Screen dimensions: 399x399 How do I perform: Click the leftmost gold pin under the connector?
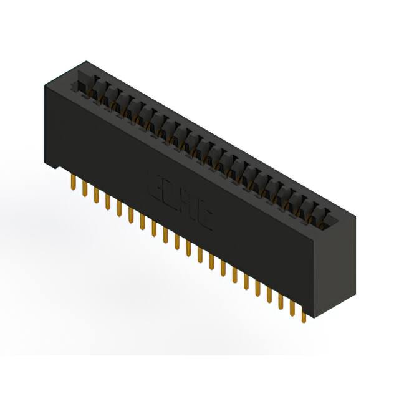pyautogui.click(x=74, y=183)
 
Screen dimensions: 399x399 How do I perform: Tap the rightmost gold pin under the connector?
pyautogui.click(x=303, y=315)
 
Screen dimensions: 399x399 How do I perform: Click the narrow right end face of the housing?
pyautogui.click(x=337, y=268)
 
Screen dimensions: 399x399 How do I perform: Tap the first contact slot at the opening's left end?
pyautogui.click(x=82, y=84)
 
